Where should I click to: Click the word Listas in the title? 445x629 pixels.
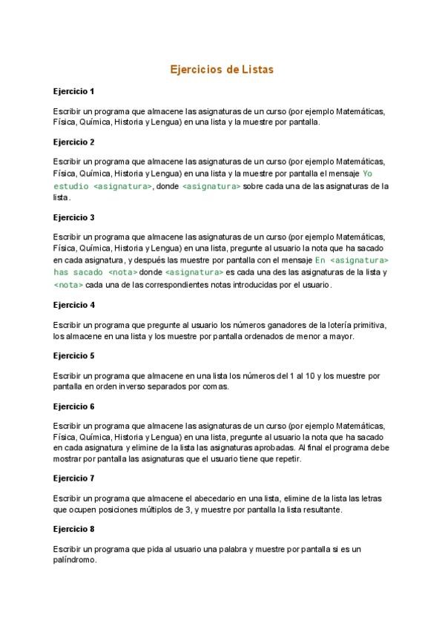(257, 70)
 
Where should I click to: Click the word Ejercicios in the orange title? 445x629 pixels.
(198, 70)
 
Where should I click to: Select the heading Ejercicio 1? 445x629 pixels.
(73, 91)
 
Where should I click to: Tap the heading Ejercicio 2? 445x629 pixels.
(73, 141)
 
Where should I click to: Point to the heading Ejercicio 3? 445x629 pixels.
(73, 217)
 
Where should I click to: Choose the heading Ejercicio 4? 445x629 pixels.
(73, 305)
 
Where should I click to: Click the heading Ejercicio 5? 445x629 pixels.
(73, 355)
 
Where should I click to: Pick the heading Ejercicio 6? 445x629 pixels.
(73, 406)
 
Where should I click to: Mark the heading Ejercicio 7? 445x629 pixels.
(73, 478)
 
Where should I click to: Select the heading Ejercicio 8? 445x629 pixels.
(73, 529)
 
